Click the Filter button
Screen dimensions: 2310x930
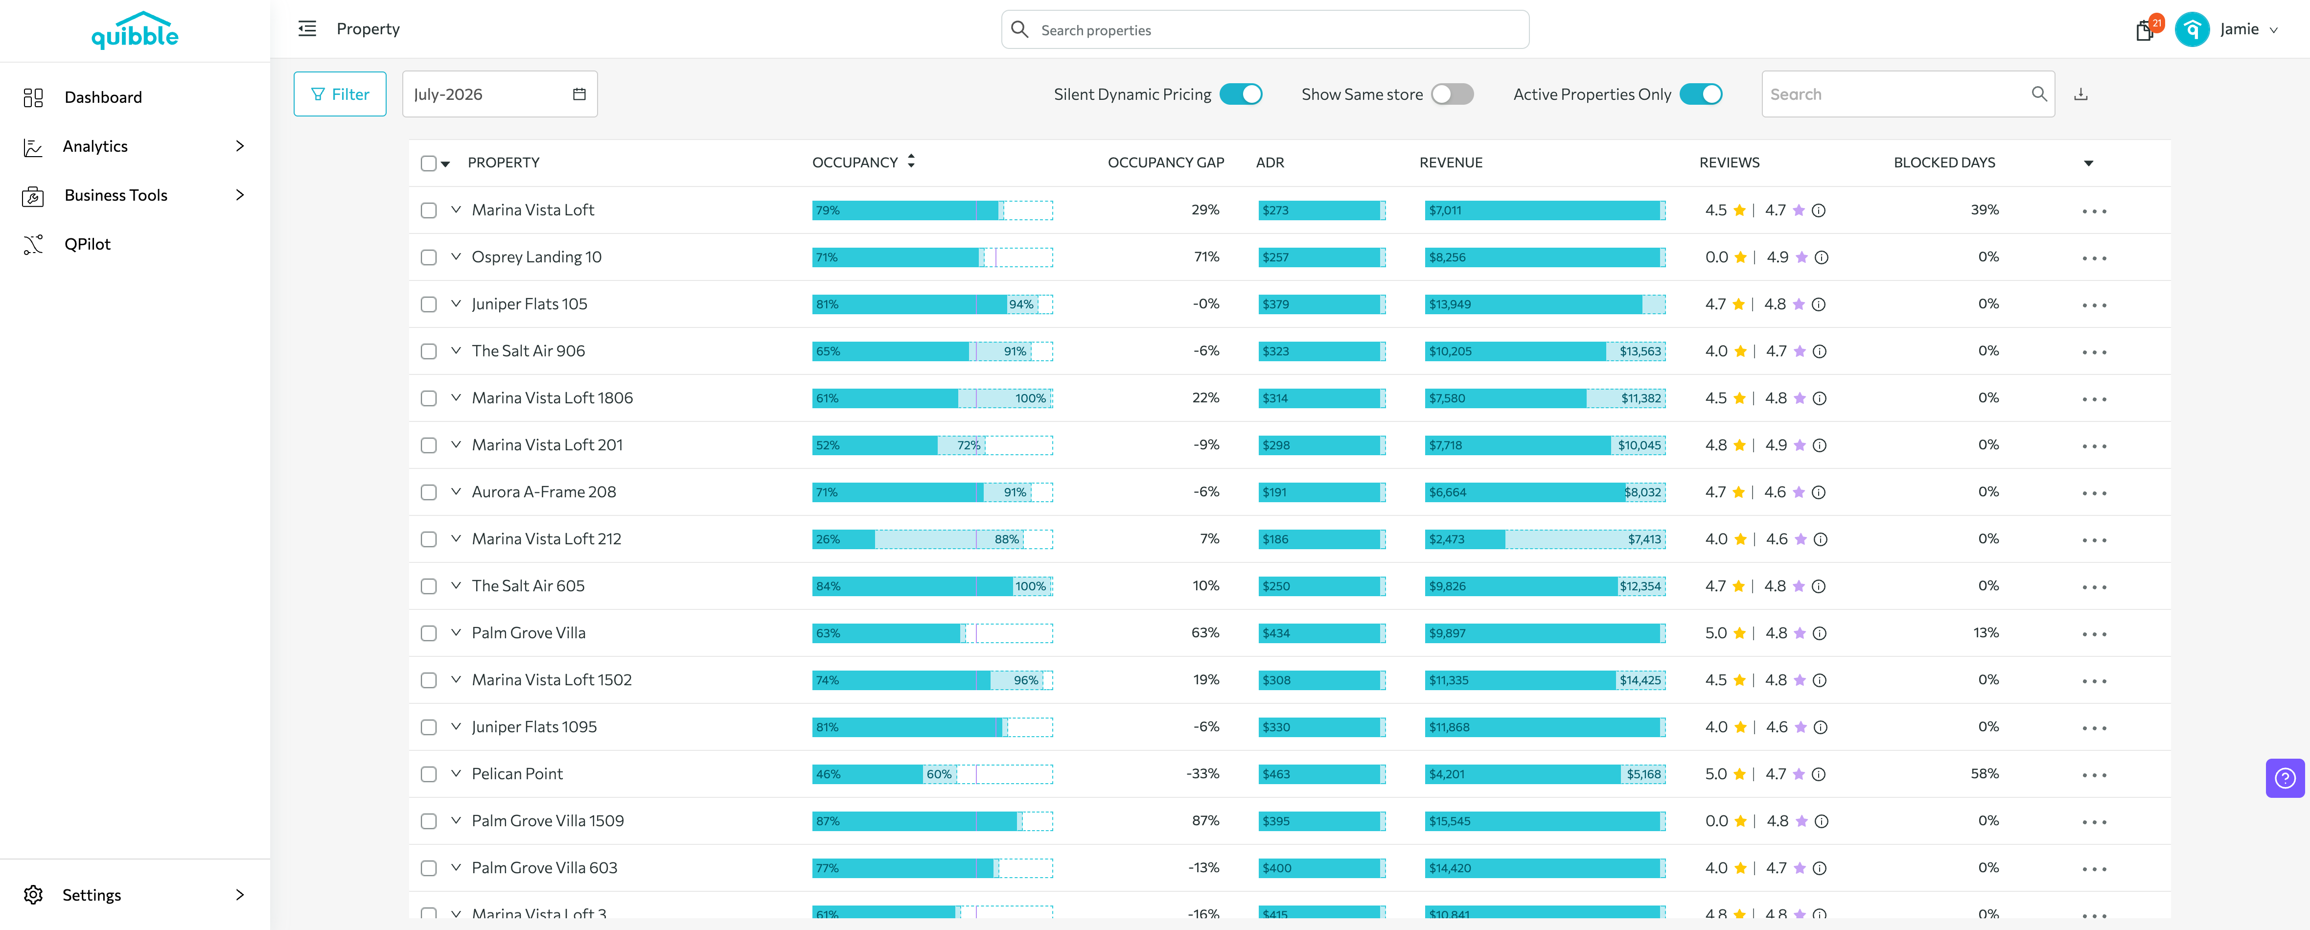pyautogui.click(x=340, y=94)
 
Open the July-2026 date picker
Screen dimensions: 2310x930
pyautogui.click(x=500, y=94)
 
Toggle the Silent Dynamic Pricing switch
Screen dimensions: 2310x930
pyautogui.click(x=1241, y=94)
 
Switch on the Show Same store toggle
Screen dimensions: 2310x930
pyautogui.click(x=1452, y=94)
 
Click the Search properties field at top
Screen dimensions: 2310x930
pyautogui.click(x=1265, y=29)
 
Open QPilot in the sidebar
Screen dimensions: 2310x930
pyautogui.click(x=87, y=244)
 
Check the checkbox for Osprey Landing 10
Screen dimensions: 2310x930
pyautogui.click(x=429, y=257)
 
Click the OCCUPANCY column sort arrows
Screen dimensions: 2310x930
pyautogui.click(x=911, y=162)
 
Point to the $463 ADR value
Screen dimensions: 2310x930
pyautogui.click(x=1275, y=774)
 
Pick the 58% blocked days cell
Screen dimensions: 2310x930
pyautogui.click(x=1985, y=773)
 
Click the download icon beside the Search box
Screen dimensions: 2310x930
pyautogui.click(x=2080, y=94)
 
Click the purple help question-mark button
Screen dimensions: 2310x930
pyautogui.click(x=2285, y=778)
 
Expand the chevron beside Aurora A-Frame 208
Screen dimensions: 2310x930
pyautogui.click(x=456, y=491)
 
